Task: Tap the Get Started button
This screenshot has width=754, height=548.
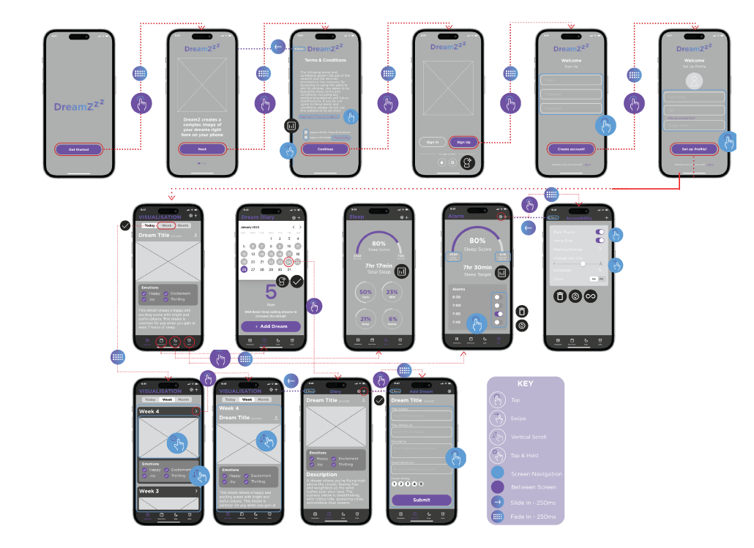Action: [x=78, y=149]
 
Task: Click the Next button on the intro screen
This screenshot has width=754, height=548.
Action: [x=203, y=149]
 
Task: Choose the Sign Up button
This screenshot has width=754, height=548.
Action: [x=463, y=142]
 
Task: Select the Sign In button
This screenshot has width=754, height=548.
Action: [x=433, y=142]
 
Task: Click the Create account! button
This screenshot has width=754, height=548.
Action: [x=572, y=149]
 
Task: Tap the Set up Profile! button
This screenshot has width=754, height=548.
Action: [x=694, y=149]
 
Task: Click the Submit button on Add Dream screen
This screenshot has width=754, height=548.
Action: [x=422, y=500]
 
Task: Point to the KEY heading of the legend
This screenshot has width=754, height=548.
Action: [x=525, y=383]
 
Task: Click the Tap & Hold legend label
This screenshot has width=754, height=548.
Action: [x=524, y=455]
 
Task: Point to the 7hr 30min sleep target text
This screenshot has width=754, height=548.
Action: [x=477, y=268]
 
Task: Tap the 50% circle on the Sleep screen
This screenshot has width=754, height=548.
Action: [x=366, y=293]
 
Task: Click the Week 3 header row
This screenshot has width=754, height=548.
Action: [x=168, y=491]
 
